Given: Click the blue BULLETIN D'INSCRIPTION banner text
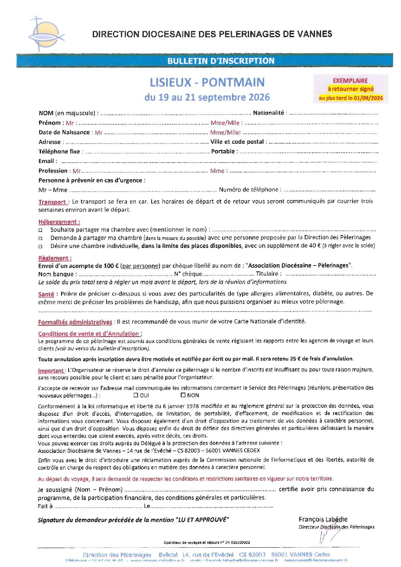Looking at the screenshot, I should point(221,61).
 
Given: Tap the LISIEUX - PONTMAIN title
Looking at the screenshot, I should point(207,82).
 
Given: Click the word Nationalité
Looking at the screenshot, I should point(268,113).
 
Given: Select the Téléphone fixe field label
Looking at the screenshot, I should point(59,151).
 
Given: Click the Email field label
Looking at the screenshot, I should point(46,161).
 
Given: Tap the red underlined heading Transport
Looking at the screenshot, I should point(52,202).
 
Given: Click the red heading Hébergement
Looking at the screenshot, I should point(59,222).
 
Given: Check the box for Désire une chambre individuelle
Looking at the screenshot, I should point(41,246).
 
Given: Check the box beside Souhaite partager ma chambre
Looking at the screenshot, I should point(41,230).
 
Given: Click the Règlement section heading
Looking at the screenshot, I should point(55,258).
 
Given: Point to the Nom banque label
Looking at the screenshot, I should point(56,274).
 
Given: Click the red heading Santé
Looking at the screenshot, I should point(46,294).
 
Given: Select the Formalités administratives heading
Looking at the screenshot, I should point(75,322).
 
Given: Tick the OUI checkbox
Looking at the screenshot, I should point(136,395).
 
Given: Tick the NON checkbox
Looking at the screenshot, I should point(183,395).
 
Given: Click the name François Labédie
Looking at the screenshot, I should point(323,519).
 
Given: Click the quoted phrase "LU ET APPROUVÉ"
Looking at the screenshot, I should point(203,520).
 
